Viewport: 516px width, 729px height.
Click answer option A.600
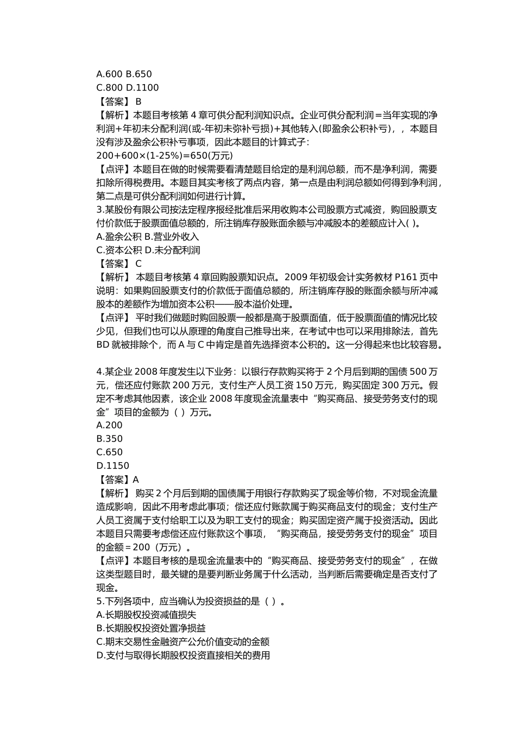point(109,74)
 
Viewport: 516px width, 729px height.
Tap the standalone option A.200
point(109,425)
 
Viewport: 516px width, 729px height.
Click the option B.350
point(109,439)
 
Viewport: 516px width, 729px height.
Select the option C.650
point(109,452)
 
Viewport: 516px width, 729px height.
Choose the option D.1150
point(112,466)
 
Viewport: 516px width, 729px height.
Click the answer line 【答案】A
point(117,479)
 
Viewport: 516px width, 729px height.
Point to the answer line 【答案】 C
point(119,264)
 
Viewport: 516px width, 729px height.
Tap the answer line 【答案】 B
point(119,101)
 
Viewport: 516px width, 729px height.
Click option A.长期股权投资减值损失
point(146,615)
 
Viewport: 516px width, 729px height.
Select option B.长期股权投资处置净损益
point(151,629)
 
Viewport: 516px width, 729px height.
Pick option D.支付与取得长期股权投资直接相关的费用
point(183,656)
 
